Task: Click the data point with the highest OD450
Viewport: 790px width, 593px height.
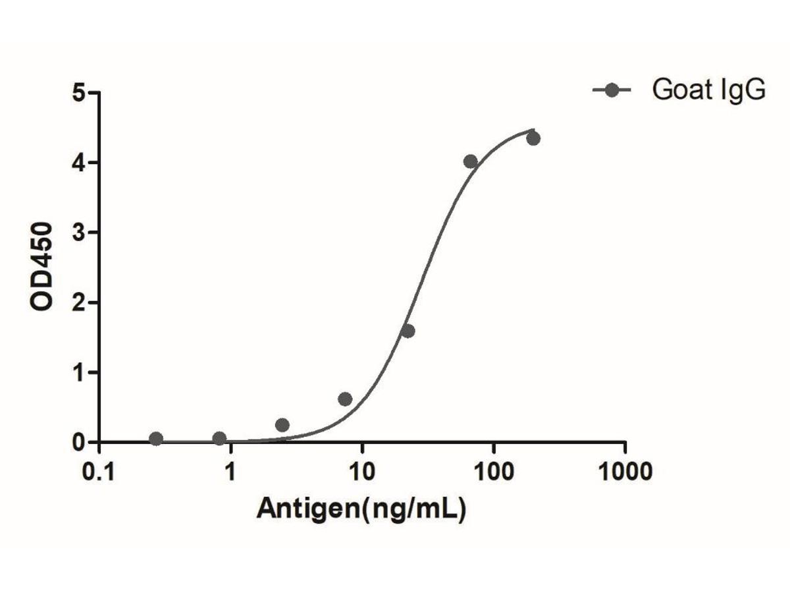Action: click(x=533, y=138)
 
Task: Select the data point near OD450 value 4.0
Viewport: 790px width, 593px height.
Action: click(x=470, y=161)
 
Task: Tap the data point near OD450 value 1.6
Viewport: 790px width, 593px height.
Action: click(x=408, y=331)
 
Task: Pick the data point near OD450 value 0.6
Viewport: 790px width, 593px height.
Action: click(x=345, y=399)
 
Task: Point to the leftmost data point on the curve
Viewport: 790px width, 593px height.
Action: click(x=156, y=439)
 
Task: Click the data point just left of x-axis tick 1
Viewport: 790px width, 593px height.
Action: click(x=219, y=439)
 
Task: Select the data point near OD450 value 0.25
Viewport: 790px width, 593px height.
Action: click(x=282, y=425)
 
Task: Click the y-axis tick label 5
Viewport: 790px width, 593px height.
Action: click(x=79, y=92)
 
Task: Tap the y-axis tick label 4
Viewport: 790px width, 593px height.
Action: click(x=79, y=162)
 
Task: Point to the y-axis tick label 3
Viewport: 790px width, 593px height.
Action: click(x=79, y=232)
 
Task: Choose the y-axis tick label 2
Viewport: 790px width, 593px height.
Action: click(x=79, y=302)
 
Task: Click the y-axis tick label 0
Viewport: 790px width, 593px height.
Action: click(x=79, y=442)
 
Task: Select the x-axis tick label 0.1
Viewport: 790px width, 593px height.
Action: click(x=99, y=472)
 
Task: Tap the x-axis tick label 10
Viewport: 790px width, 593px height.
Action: click(x=361, y=472)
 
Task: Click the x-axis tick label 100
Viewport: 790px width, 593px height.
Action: click(x=493, y=472)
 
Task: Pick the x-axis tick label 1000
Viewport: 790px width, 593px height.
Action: click(x=625, y=472)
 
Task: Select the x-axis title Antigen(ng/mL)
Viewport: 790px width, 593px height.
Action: click(x=361, y=507)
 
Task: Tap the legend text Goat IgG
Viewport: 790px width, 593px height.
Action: click(x=709, y=90)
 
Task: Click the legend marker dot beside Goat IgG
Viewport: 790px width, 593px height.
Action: click(x=612, y=90)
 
